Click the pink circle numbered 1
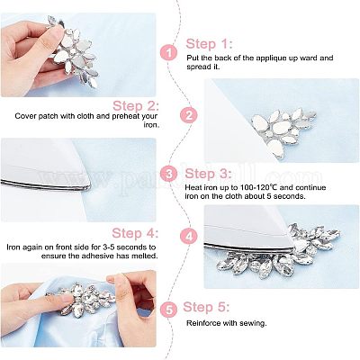tap(169, 53)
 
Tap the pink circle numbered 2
tap(189, 116)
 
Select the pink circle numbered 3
tap(169, 174)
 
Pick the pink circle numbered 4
tap(189, 237)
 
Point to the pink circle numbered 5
tap(169, 310)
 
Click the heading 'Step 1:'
tap(209, 44)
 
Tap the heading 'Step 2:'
tap(136, 106)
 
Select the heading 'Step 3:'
tap(208, 174)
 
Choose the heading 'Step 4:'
tap(135, 233)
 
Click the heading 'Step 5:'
tap(206, 307)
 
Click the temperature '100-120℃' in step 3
tap(259, 188)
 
